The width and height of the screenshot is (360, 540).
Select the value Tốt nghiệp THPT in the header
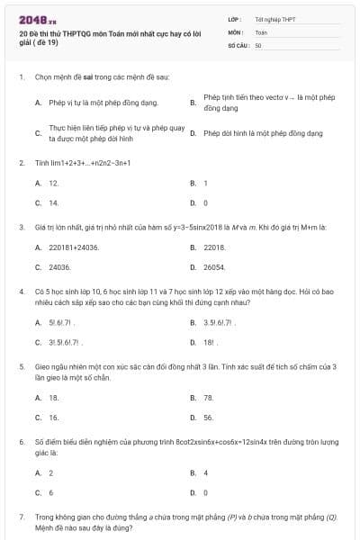coord(275,18)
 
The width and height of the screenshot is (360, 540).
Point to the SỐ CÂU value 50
coord(258,44)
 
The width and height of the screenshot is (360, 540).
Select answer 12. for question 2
coord(54,183)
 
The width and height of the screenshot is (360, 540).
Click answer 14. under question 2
coord(54,202)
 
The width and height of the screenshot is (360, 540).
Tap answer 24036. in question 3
coord(59,267)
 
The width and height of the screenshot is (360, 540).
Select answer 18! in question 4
coord(210,342)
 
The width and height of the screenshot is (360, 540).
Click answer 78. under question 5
coord(209,397)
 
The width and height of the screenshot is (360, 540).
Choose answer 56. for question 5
coord(209,418)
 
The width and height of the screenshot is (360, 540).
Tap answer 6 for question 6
coord(51,492)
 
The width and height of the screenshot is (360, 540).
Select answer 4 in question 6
coord(206,472)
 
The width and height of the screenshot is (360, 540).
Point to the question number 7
coord(21,517)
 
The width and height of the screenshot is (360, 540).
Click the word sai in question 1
coord(94,78)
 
